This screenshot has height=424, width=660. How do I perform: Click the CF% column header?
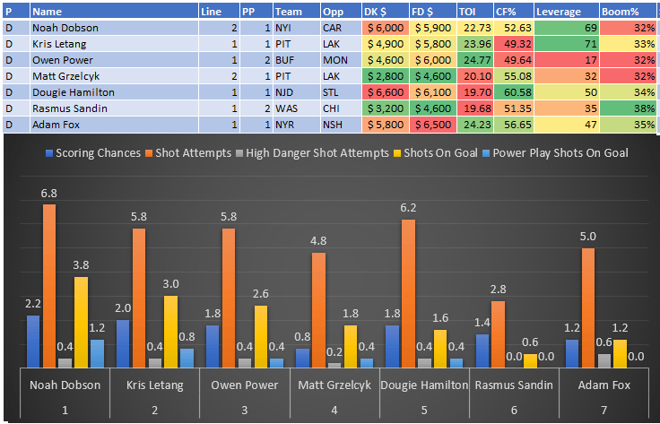[x=512, y=11]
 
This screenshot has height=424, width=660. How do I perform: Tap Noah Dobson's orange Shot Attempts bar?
[x=49, y=285]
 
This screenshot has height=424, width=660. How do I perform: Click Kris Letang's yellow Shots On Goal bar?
[x=170, y=331]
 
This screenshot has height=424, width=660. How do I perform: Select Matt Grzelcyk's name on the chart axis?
[x=334, y=385]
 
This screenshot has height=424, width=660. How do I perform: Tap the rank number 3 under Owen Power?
[x=244, y=409]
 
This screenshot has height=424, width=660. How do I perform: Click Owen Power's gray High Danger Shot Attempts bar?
[x=245, y=362]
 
